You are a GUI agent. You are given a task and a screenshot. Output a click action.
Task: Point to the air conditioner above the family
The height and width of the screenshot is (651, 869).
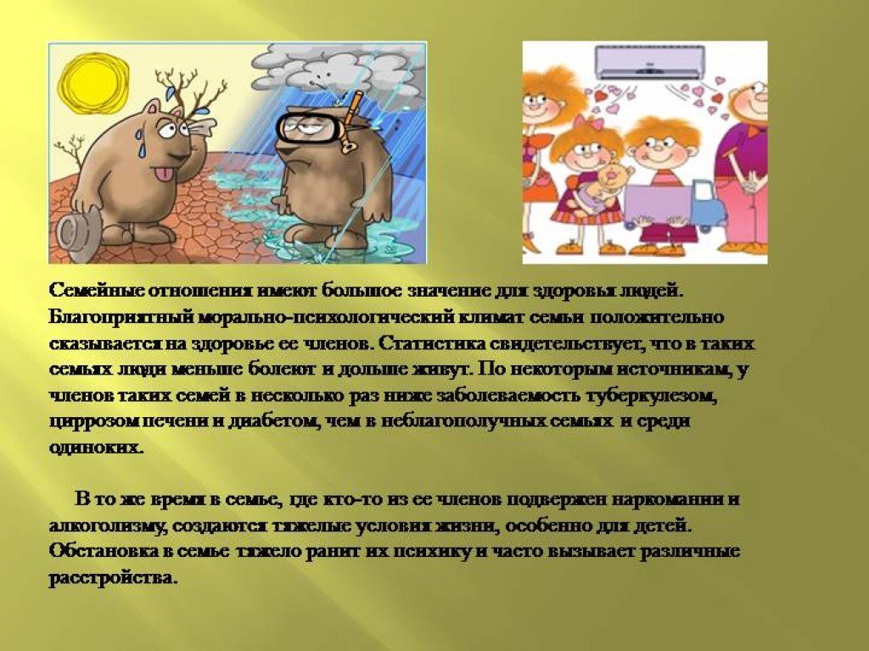coord(650,61)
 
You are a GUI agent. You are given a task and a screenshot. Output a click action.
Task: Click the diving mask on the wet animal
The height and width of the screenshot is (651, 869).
coord(306,128)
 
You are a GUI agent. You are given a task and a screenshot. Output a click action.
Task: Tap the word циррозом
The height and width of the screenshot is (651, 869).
coord(95,422)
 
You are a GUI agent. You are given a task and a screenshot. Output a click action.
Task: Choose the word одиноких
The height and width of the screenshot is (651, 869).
coord(96,448)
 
